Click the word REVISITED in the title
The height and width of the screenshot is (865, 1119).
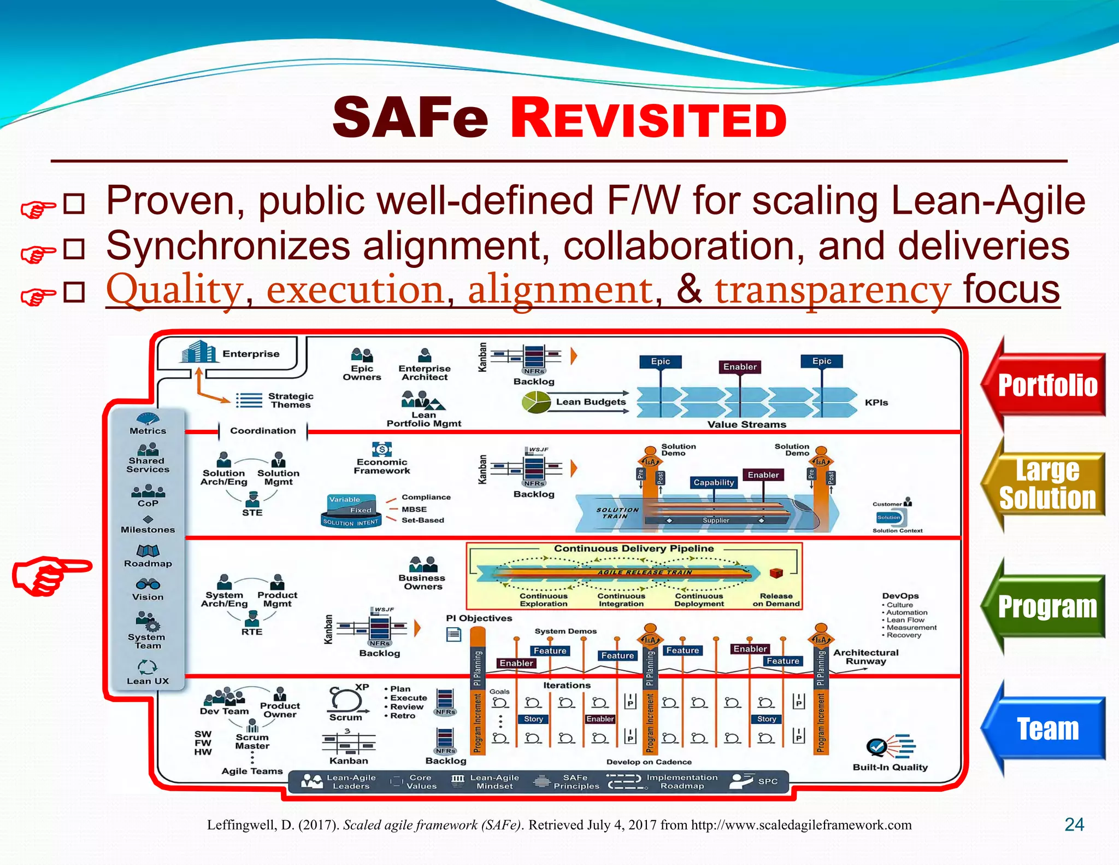tap(648, 119)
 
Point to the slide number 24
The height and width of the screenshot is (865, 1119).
tap(1074, 825)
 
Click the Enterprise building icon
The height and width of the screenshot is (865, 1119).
tap(198, 352)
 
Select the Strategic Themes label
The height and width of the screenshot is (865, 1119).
tap(291, 400)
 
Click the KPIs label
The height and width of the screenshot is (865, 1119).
tap(876, 402)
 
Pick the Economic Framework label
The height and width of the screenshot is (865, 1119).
tap(382, 466)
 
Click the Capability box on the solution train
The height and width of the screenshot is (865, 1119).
tap(714, 482)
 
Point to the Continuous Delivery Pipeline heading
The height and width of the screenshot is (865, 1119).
tap(634, 548)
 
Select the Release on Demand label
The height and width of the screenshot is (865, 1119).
tap(776, 600)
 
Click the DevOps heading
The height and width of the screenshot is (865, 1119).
tap(900, 595)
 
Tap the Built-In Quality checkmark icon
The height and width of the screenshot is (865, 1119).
tap(877, 746)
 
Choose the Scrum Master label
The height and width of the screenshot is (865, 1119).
tap(252, 741)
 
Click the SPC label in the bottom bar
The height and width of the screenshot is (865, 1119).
tap(768, 781)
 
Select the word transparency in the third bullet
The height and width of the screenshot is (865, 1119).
tap(833, 290)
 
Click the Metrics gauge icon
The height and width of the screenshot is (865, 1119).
tap(148, 419)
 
